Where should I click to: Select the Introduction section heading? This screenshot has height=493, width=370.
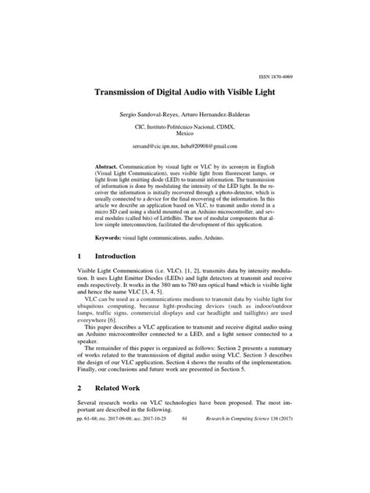pos(120,277)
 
